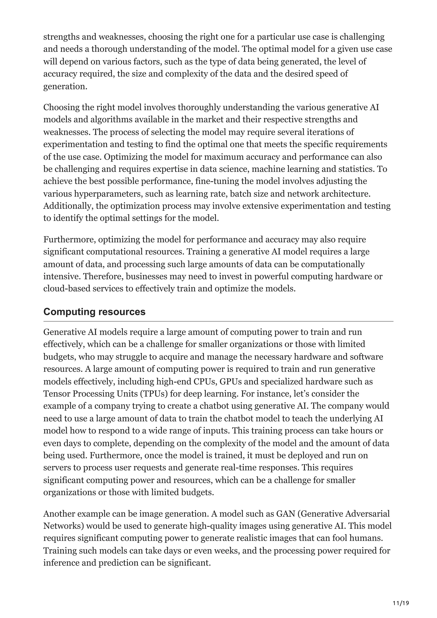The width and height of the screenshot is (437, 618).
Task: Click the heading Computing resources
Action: pos(94,312)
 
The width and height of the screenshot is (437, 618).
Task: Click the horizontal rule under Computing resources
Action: pos(218,321)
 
